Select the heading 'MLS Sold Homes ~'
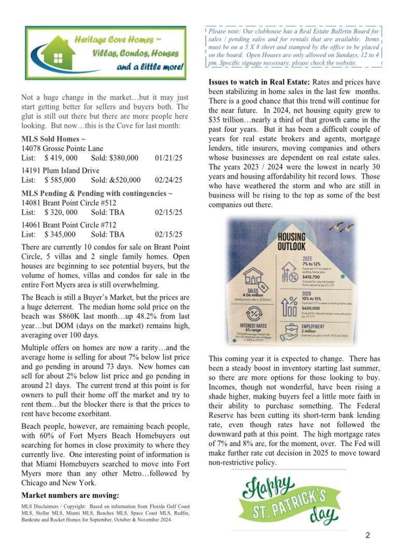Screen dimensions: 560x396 [x=53, y=139]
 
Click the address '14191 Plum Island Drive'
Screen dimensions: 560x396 [x=60, y=171]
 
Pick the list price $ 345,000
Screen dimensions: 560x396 [x=60, y=234]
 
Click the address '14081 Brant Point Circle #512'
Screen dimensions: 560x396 [x=69, y=203]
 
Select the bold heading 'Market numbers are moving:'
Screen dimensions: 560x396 [x=70, y=495]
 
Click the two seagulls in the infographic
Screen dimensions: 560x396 [x=344, y=227]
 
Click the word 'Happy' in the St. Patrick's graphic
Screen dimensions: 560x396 [x=268, y=489]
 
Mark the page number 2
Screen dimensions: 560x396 [x=367, y=536]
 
